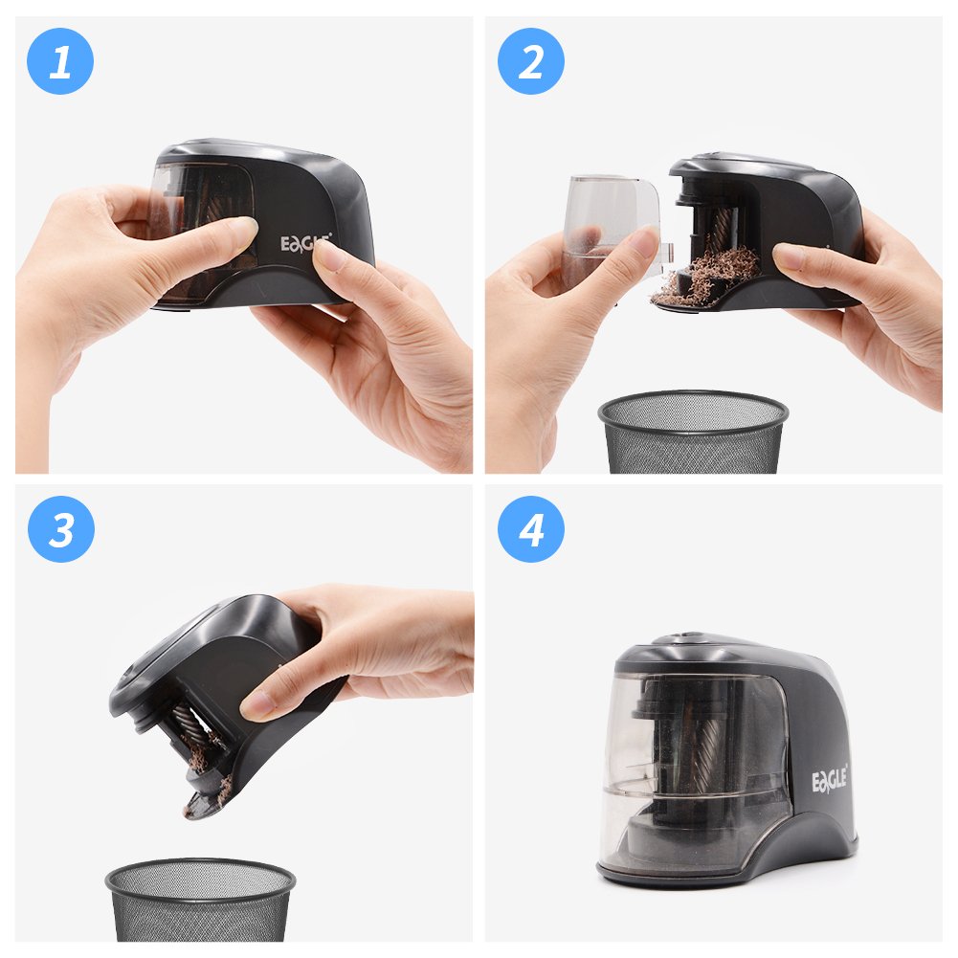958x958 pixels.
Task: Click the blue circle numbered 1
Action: pyautogui.click(x=60, y=61)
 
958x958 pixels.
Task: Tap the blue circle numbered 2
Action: pyautogui.click(x=531, y=61)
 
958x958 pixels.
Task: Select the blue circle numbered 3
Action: pyautogui.click(x=61, y=529)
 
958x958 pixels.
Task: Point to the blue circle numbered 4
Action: pyautogui.click(x=531, y=529)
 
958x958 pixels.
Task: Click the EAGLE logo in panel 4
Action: pyautogui.click(x=830, y=780)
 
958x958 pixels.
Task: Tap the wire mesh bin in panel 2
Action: pyautogui.click(x=693, y=432)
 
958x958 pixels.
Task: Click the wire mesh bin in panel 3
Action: pyautogui.click(x=200, y=900)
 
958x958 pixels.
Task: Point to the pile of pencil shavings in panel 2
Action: pyautogui.click(x=709, y=276)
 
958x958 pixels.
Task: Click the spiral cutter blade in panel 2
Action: pyautogui.click(x=722, y=230)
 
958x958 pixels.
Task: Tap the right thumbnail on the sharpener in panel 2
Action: pyautogui.click(x=790, y=256)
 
